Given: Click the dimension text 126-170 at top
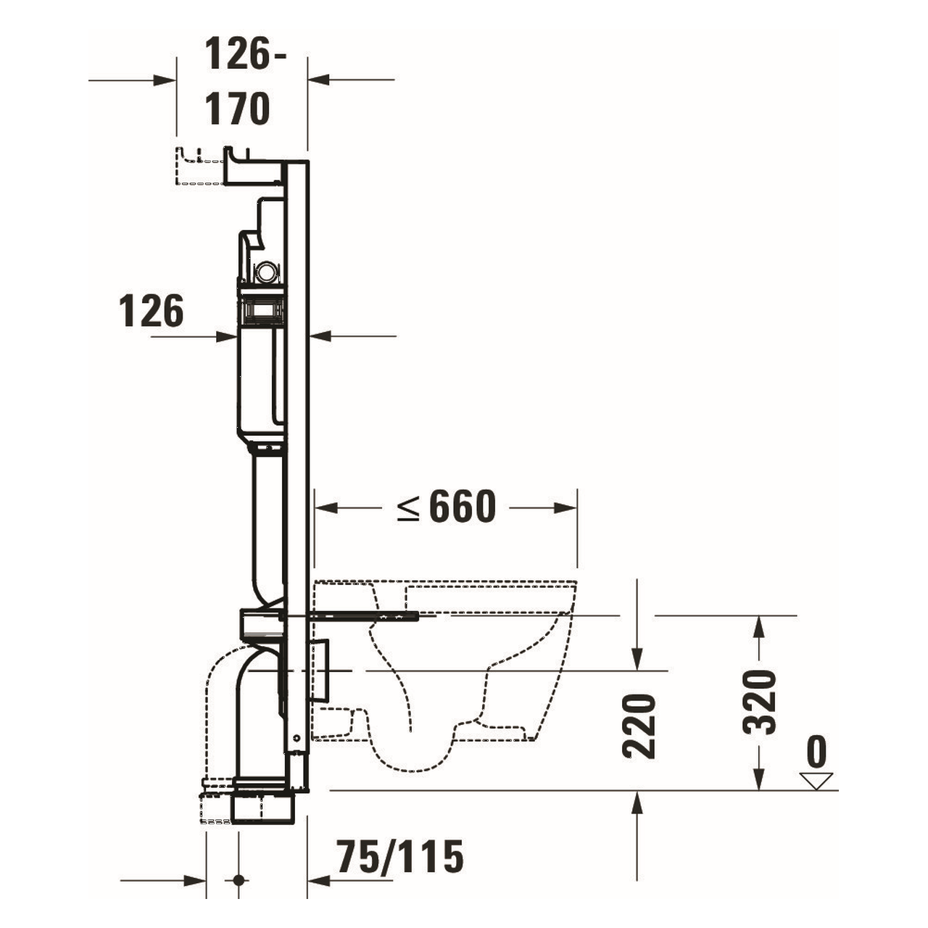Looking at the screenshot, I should click(238, 82).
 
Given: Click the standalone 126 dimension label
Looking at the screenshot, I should click(152, 311).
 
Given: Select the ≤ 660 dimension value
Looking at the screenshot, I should click(448, 507).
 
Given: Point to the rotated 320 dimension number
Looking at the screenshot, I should click(761, 702).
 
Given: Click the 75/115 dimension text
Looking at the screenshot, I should click(399, 858).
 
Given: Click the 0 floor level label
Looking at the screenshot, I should click(816, 753).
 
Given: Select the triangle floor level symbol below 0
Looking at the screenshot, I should click(816, 781).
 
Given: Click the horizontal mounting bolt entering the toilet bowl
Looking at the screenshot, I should click(362, 616).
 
